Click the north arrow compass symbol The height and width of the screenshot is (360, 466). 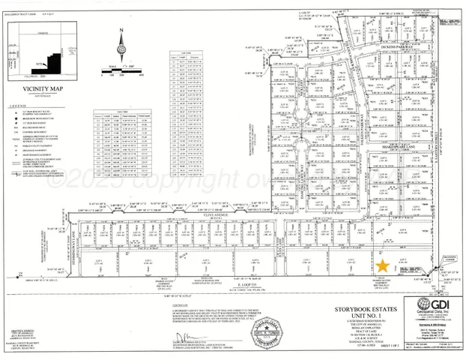click(x=121, y=48)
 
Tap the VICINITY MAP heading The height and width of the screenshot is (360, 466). click(x=35, y=87)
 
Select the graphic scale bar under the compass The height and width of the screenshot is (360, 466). click(x=120, y=73)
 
